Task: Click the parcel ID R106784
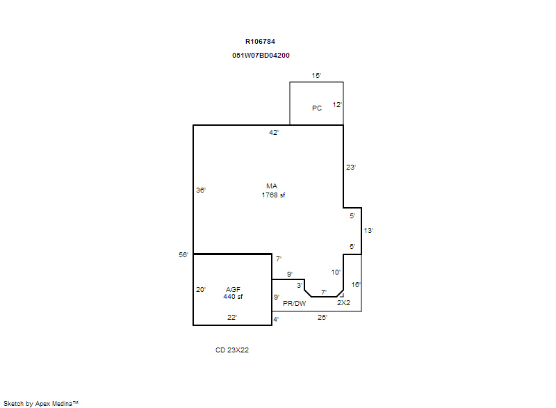pyautogui.click(x=260, y=42)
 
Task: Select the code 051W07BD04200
pyautogui.click(x=261, y=56)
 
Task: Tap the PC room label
pyautogui.click(x=317, y=108)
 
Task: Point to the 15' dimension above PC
pyautogui.click(x=316, y=76)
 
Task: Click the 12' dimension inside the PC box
pyautogui.click(x=337, y=105)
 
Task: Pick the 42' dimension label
pyautogui.click(x=274, y=133)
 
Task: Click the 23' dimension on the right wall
pyautogui.click(x=351, y=168)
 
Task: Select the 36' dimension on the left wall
pyautogui.click(x=201, y=190)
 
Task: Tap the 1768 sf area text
pyautogui.click(x=273, y=195)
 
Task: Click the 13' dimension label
pyautogui.click(x=368, y=231)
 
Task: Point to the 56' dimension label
pyautogui.click(x=183, y=255)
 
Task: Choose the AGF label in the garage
pyautogui.click(x=233, y=290)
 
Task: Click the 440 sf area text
pyautogui.click(x=233, y=297)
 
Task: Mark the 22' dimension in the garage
pyautogui.click(x=232, y=318)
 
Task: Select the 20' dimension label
pyautogui.click(x=201, y=290)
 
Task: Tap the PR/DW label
pyautogui.click(x=294, y=304)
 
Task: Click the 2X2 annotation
pyautogui.click(x=343, y=303)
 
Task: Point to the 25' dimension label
pyautogui.click(x=322, y=318)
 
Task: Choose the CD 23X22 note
pyautogui.click(x=232, y=350)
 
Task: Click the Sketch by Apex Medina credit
pyautogui.click(x=41, y=403)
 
